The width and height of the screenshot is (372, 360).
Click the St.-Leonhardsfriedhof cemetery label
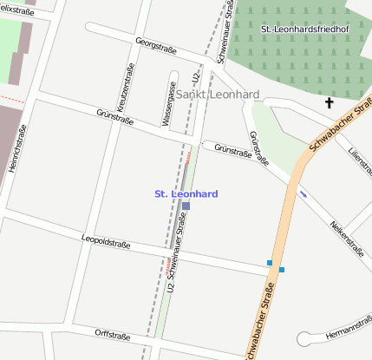303,29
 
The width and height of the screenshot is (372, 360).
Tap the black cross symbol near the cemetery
329,103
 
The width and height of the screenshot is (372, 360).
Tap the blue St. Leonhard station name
186,193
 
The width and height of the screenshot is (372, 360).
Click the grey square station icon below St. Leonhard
186,206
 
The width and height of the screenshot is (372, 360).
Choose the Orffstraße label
113,335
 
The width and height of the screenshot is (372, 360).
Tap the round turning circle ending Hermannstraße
304,339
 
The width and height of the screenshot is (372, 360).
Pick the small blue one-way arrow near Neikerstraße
302,193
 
